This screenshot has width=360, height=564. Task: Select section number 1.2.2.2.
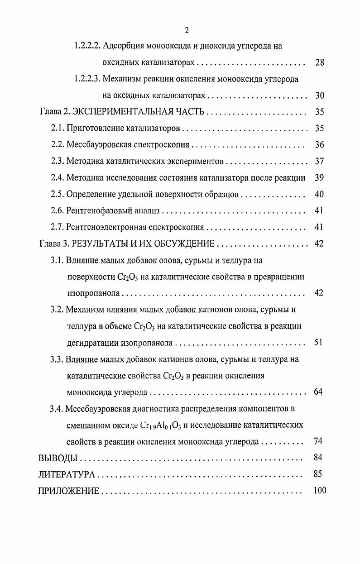pos(87,46)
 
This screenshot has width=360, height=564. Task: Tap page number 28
pos(319,62)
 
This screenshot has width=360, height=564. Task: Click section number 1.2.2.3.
pos(87,79)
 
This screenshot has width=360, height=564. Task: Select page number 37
pos(319,162)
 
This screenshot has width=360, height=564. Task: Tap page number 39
pos(319,178)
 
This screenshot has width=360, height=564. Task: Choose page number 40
pos(319,194)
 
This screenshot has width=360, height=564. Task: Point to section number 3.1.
pos(57,260)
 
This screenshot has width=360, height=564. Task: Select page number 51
pos(318,342)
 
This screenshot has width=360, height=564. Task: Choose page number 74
pos(318,441)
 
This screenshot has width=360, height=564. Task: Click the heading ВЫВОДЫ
pos(58,458)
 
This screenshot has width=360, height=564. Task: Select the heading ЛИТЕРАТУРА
pos(67,474)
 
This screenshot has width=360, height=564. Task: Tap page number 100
pos(319,491)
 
